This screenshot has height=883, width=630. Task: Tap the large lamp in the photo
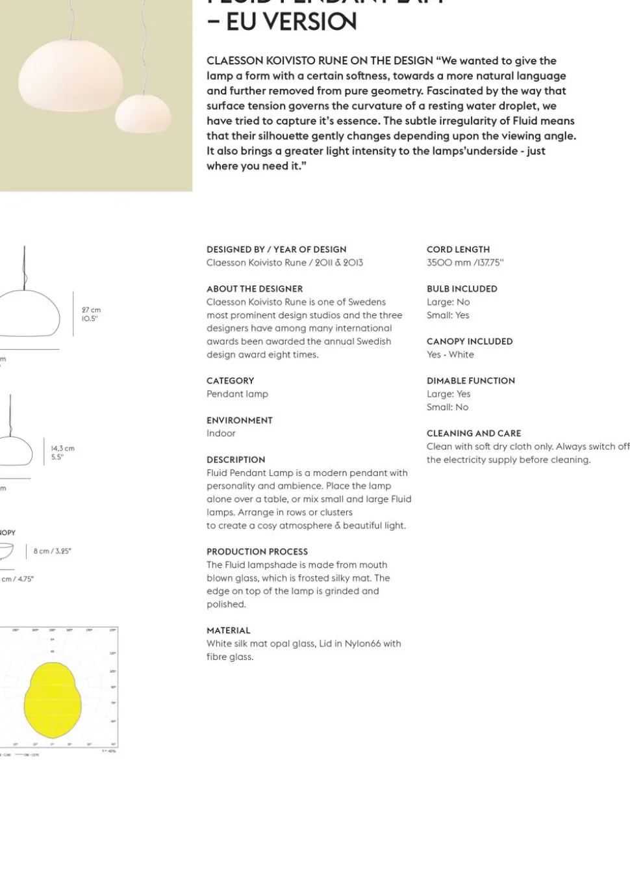tap(70, 76)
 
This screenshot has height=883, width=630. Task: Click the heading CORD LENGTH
tap(458, 250)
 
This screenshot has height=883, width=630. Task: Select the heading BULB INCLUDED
tap(462, 289)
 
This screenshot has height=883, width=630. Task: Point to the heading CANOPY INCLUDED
tap(470, 341)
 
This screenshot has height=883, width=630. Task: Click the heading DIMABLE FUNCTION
tap(470, 381)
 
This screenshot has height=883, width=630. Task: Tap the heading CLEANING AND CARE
tap(473, 433)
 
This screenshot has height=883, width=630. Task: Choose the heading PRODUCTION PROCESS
tap(257, 551)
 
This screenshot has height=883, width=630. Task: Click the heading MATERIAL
tap(228, 630)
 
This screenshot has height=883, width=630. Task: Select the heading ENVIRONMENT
tap(239, 420)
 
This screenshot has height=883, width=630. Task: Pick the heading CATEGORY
tap(230, 381)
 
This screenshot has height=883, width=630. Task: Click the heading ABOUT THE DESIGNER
tap(255, 289)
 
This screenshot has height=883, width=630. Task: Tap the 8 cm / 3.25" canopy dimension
tap(53, 551)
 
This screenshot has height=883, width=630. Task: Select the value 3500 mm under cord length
tap(449, 263)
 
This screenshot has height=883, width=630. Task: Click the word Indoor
tap(221, 433)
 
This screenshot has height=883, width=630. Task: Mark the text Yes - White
tap(450, 354)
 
